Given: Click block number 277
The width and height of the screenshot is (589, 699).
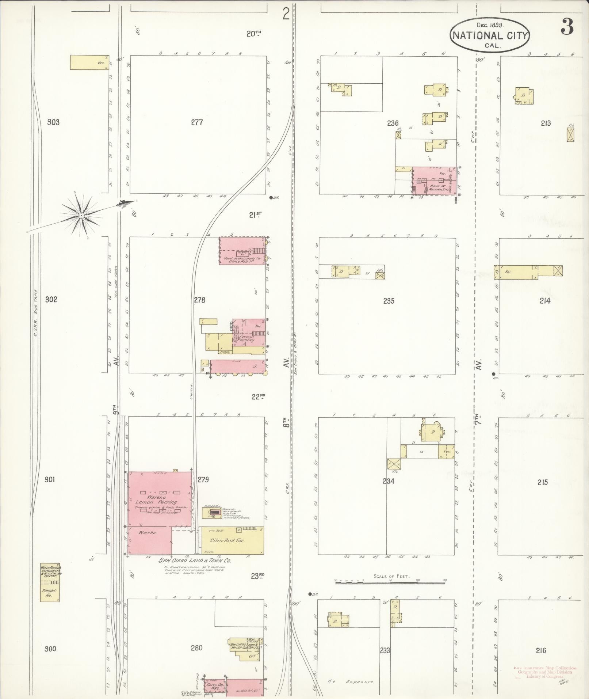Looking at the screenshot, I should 197,122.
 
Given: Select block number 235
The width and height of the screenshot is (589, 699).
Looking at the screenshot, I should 389,301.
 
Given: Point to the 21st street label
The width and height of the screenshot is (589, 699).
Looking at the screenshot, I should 256,215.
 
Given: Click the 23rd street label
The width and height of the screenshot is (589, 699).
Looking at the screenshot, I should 257,576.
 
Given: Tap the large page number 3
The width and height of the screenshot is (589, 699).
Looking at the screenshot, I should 567,27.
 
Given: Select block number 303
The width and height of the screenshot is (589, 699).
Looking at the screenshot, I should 53,122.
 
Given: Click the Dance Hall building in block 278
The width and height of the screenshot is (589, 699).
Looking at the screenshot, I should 242,251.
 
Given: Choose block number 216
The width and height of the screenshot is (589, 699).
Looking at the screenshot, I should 541,650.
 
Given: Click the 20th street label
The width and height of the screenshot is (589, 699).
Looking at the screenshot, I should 254,34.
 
